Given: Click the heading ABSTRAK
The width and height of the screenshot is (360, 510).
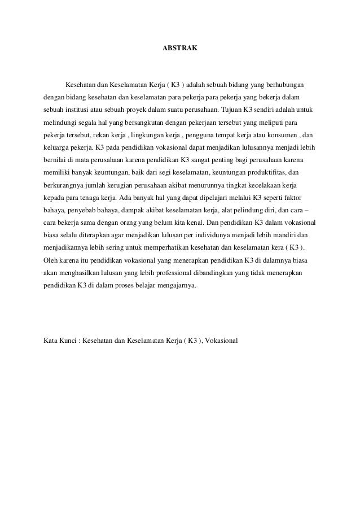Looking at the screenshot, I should (x=180, y=49).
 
